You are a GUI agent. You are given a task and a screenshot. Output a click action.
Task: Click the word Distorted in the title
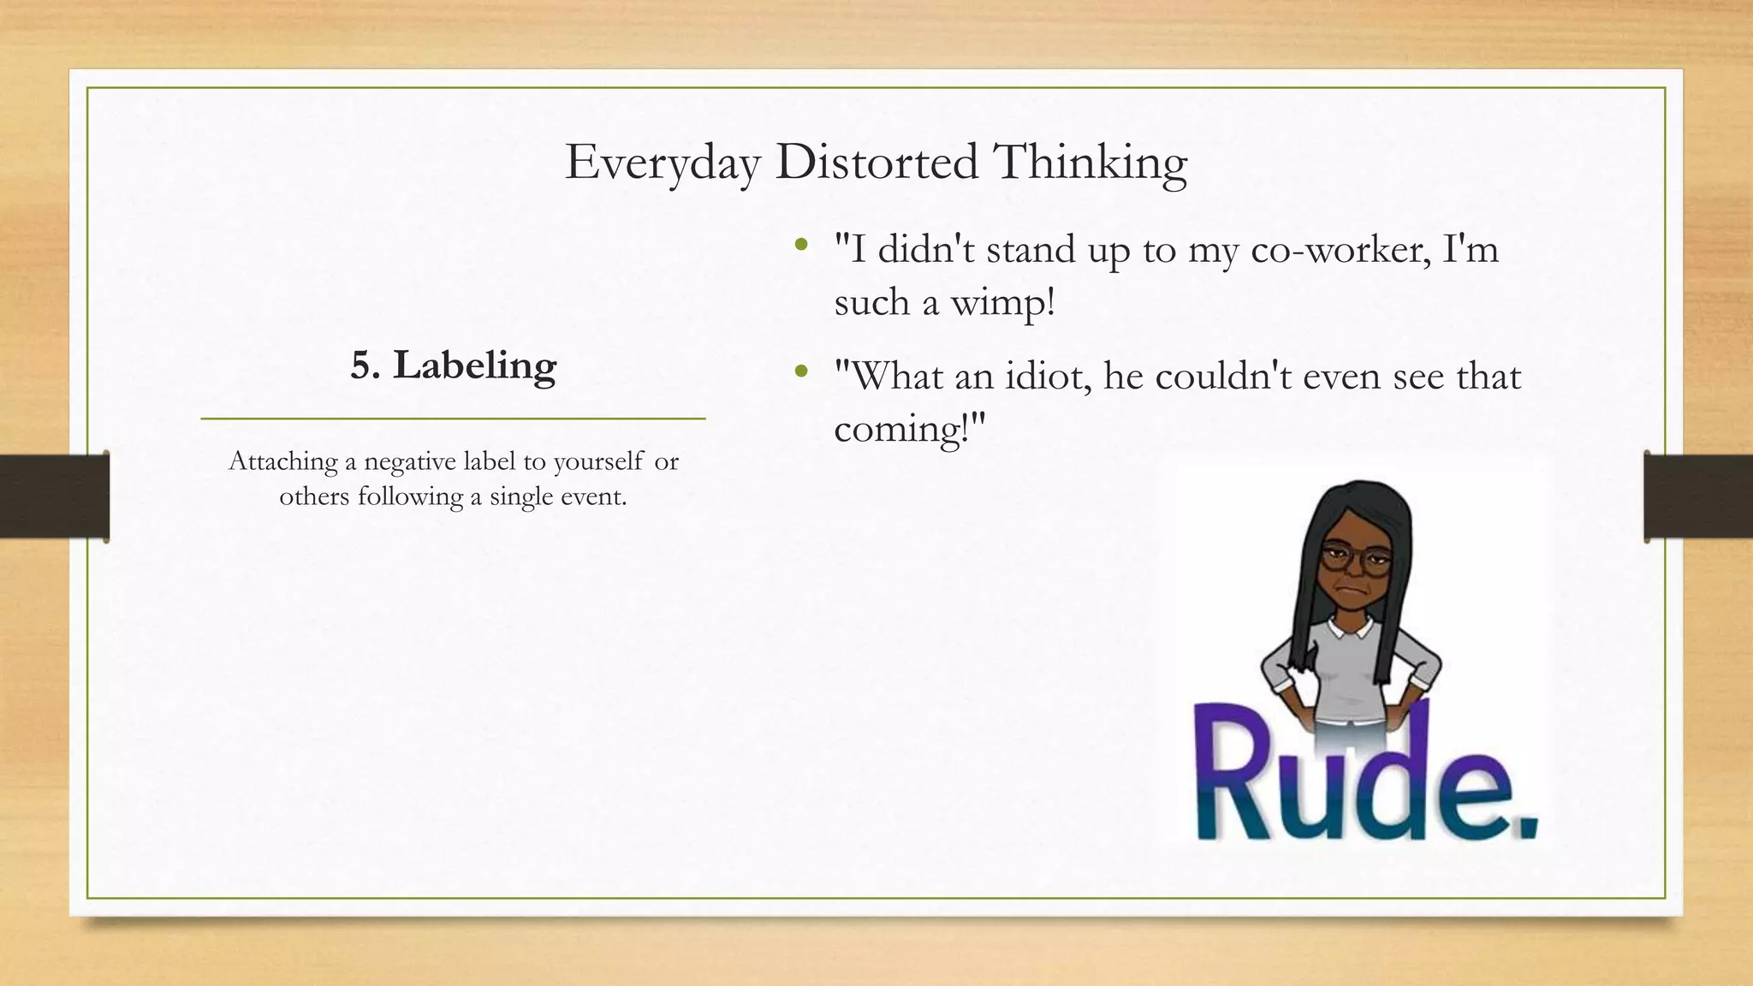tap(876, 162)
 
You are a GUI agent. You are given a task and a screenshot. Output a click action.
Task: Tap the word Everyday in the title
tap(662, 163)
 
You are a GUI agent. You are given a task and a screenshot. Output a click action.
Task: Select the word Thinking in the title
tap(1090, 163)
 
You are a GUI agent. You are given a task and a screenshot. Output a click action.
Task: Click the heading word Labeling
tap(474, 366)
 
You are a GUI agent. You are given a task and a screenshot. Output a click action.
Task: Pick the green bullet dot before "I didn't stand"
tap(801, 246)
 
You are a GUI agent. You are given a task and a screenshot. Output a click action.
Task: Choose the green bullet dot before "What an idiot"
tap(801, 372)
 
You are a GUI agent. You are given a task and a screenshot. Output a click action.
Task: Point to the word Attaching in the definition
tap(283, 463)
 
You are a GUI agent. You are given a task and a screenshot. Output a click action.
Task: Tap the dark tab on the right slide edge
tap(1698, 496)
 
